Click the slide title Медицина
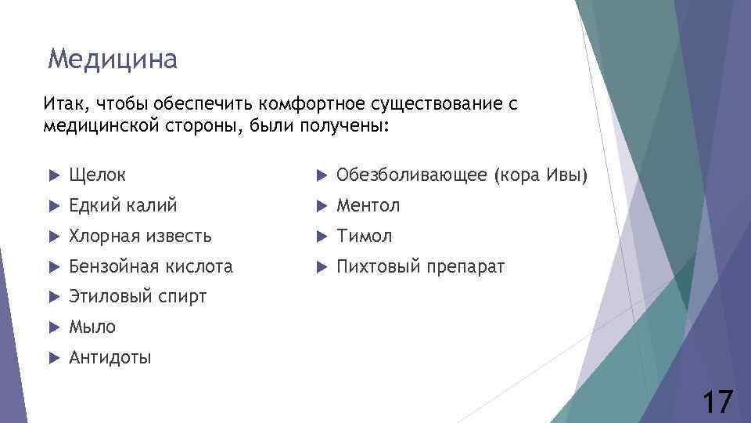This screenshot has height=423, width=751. [x=113, y=59]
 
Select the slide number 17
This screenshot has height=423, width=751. [x=717, y=403]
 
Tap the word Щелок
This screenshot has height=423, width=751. [x=97, y=175]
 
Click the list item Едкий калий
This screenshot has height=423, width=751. [x=123, y=206]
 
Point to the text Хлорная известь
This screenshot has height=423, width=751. [x=140, y=236]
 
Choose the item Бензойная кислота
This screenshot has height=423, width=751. [x=151, y=267]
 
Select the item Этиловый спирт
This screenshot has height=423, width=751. [x=138, y=297]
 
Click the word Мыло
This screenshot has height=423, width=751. [x=92, y=327]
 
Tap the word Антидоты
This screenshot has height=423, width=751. [x=110, y=358]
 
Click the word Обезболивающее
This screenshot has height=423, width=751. [x=411, y=175]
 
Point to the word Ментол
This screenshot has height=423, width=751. [x=368, y=206]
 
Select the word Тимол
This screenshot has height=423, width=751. [x=364, y=236]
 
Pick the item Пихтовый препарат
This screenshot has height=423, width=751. [x=420, y=267]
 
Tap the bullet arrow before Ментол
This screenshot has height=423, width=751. [x=320, y=206]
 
